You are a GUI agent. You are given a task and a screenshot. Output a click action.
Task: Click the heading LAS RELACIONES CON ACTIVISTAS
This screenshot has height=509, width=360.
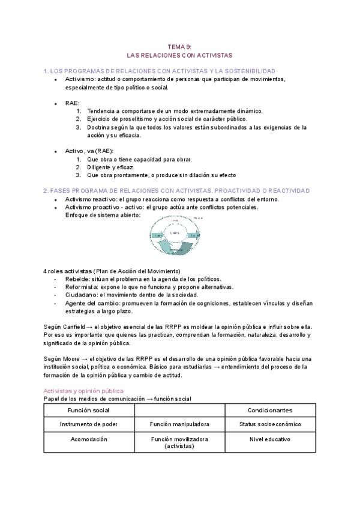[x=180, y=54]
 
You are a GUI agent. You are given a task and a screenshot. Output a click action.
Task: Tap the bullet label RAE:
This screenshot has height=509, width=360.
[x=73, y=103]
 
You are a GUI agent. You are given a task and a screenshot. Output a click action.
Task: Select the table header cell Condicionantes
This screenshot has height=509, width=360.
[x=270, y=410]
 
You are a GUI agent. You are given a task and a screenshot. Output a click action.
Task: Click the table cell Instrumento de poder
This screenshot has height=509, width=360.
[x=89, y=423]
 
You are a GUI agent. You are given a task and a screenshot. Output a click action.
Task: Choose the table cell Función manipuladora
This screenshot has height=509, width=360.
[x=179, y=423]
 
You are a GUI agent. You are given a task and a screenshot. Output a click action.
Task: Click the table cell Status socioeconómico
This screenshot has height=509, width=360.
[x=270, y=423]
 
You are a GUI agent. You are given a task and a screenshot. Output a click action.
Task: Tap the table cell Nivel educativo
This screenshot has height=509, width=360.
[x=270, y=439]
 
